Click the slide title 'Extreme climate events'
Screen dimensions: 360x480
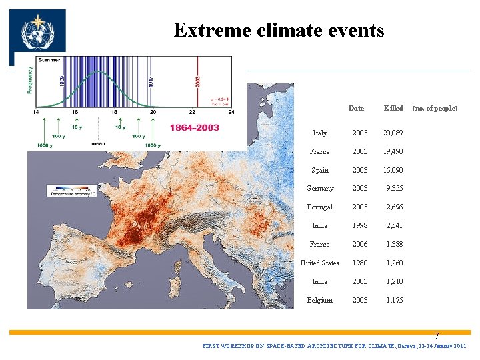(x=279, y=30)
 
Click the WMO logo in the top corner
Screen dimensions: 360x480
(x=38, y=33)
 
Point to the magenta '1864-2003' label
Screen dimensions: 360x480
(x=194, y=127)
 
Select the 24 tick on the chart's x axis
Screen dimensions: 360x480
(x=231, y=112)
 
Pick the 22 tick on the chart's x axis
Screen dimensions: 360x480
(x=192, y=112)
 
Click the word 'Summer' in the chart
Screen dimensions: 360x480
(x=49, y=60)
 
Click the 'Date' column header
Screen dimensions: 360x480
(x=356, y=108)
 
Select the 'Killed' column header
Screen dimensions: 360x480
(x=393, y=108)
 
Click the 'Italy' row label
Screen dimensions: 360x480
(x=319, y=133)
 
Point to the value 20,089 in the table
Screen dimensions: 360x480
(x=393, y=133)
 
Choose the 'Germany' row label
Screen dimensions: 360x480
(x=319, y=189)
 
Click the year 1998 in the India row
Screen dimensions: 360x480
(x=360, y=225)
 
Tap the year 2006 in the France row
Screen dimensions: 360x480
(x=360, y=244)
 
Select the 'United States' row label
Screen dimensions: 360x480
(x=319, y=263)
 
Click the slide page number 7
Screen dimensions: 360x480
(x=437, y=337)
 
